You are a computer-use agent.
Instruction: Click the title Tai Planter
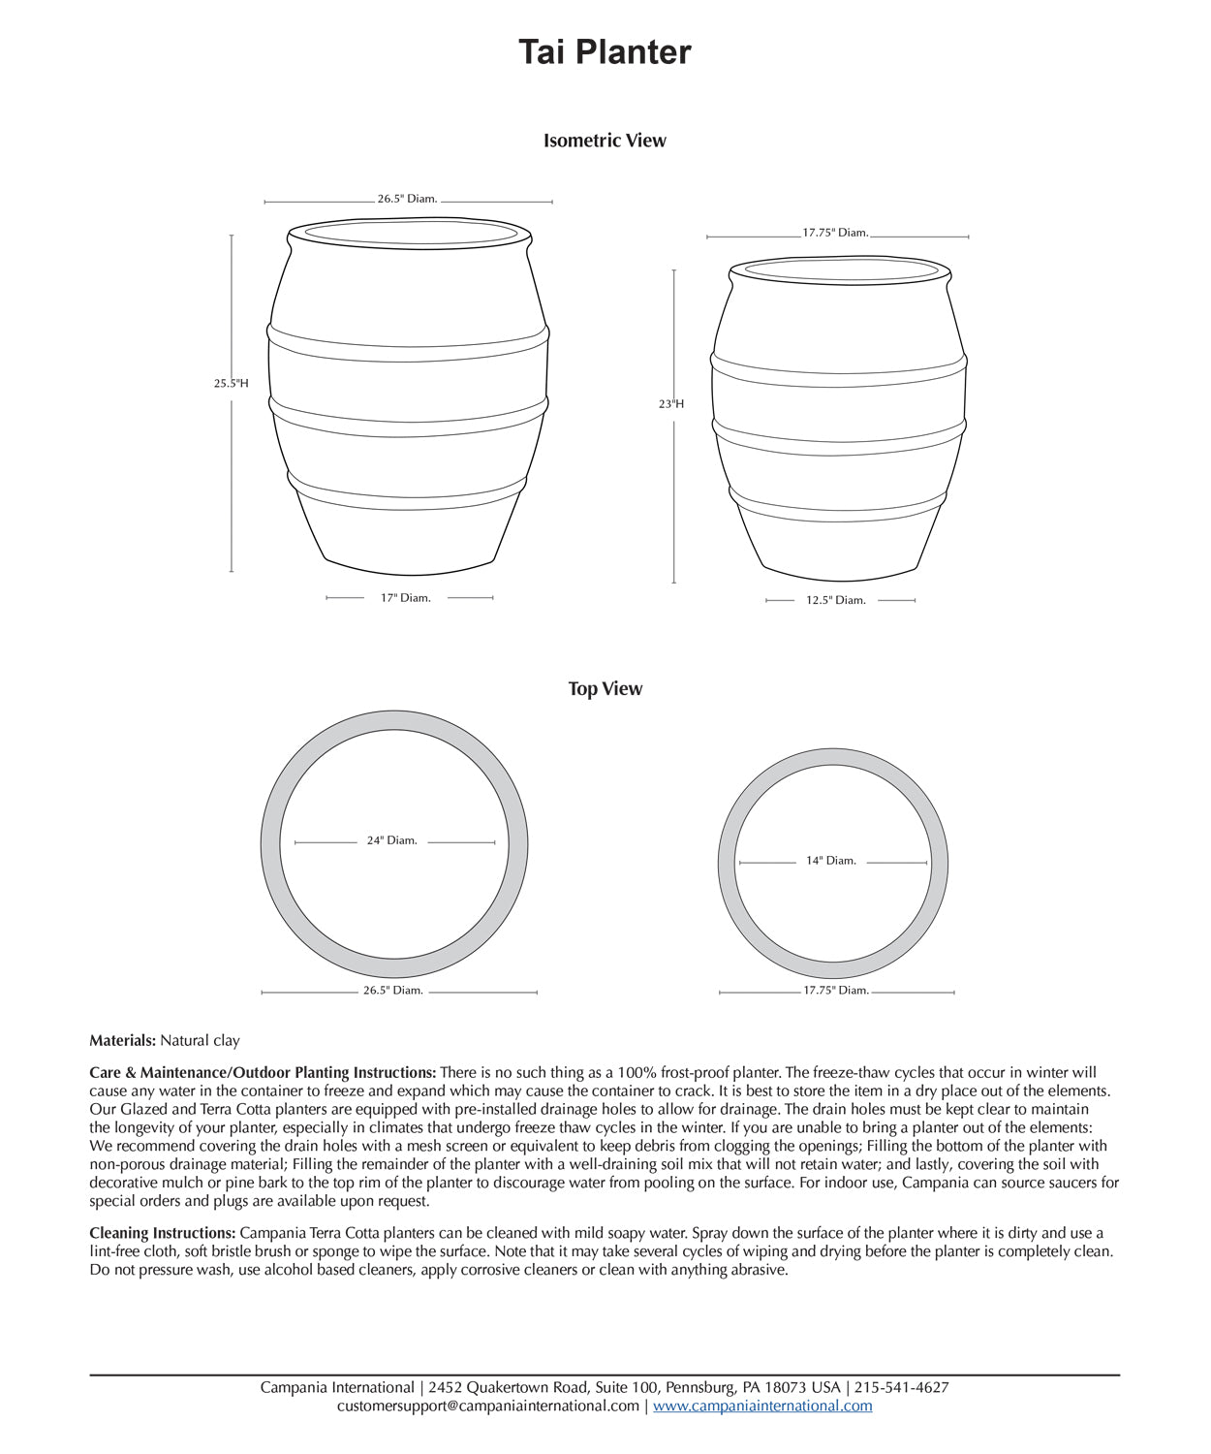605,52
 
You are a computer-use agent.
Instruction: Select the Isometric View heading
605,141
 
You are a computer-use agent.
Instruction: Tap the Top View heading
605,689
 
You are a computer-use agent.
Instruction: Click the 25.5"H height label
231,384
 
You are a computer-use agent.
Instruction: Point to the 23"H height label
671,404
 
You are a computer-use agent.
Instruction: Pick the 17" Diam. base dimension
405,598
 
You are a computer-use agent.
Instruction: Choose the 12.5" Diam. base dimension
836,601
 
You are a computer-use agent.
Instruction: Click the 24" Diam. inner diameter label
391,841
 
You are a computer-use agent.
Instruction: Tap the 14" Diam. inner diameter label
831,861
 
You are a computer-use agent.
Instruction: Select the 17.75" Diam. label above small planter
835,234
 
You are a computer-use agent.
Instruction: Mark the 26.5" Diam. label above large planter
407,199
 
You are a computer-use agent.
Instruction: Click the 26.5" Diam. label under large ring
393,991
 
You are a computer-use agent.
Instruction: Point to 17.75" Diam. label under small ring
836,991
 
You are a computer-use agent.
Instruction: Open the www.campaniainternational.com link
762,1407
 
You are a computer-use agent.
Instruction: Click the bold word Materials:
122,1041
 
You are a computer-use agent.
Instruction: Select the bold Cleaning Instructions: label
163,1234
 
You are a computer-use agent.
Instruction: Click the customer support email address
488,1407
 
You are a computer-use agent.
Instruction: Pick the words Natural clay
200,1041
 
